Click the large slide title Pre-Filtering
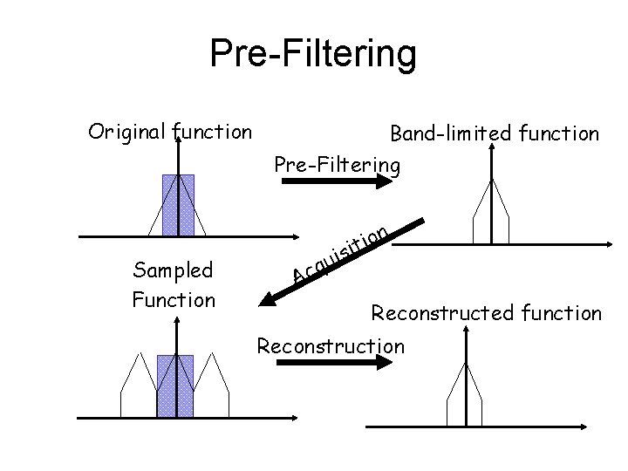(313, 53)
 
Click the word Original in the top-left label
(127, 133)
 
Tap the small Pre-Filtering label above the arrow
(338, 164)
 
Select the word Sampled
(173, 270)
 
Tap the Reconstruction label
(331, 345)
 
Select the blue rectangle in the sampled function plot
(175, 386)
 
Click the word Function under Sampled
(173, 300)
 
